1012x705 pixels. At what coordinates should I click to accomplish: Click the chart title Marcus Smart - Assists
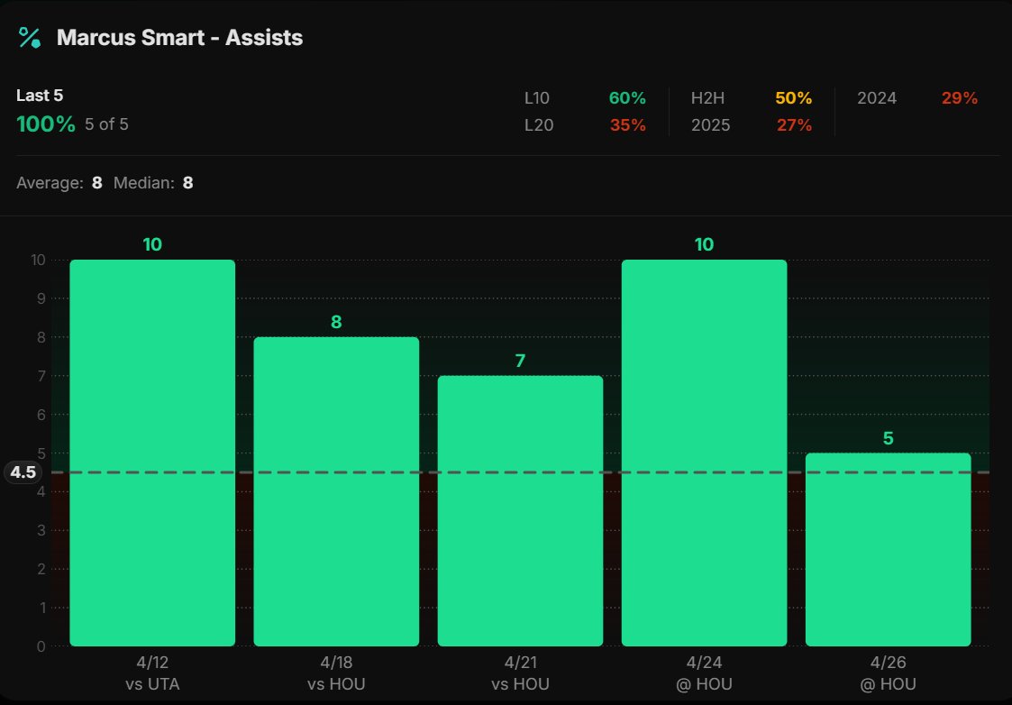point(179,38)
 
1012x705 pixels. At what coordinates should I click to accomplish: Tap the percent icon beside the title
point(30,38)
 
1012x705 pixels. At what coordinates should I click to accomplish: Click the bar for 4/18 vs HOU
point(336,491)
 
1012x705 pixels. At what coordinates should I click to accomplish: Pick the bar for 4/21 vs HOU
point(520,510)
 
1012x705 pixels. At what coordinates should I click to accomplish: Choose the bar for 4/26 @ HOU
point(888,549)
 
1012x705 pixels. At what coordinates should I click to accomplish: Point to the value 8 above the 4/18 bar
point(336,322)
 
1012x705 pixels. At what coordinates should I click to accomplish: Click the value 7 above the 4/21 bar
point(520,361)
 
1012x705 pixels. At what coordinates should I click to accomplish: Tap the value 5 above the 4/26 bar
point(888,438)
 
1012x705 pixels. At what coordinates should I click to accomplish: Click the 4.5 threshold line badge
point(23,472)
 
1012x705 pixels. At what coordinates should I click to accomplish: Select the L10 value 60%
point(627,98)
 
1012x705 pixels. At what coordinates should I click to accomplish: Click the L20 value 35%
point(627,125)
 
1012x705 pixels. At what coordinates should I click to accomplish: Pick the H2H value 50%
point(793,98)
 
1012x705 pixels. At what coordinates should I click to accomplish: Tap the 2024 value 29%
point(959,98)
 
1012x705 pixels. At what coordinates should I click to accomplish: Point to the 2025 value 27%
point(793,125)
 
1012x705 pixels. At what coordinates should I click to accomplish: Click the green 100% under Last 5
point(46,124)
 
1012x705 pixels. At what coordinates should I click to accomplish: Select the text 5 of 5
point(106,124)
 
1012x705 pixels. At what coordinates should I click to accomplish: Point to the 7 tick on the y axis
point(39,376)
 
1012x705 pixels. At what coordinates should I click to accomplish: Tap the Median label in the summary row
point(143,183)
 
